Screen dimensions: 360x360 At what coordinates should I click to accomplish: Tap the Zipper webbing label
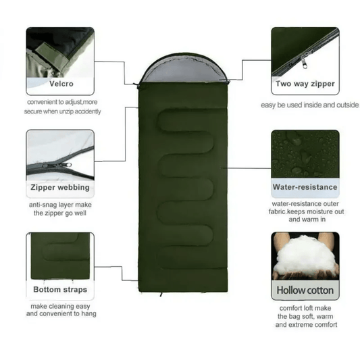[x=60, y=187]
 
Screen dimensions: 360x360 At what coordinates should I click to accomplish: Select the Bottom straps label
[x=60, y=290]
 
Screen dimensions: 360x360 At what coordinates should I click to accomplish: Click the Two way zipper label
[x=304, y=84]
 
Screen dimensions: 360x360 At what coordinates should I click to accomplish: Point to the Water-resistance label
[x=305, y=187]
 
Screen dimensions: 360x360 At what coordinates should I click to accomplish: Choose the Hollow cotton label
[x=304, y=290]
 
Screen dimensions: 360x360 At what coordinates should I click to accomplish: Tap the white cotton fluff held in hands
[x=304, y=255]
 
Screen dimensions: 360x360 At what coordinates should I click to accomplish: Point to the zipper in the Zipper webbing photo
[x=57, y=164]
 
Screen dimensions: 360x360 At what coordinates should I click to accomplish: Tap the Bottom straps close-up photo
[x=60, y=257]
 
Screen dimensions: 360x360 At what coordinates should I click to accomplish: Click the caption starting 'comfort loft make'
[x=304, y=317]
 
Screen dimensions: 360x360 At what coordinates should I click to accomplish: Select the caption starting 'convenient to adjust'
[x=65, y=106]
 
